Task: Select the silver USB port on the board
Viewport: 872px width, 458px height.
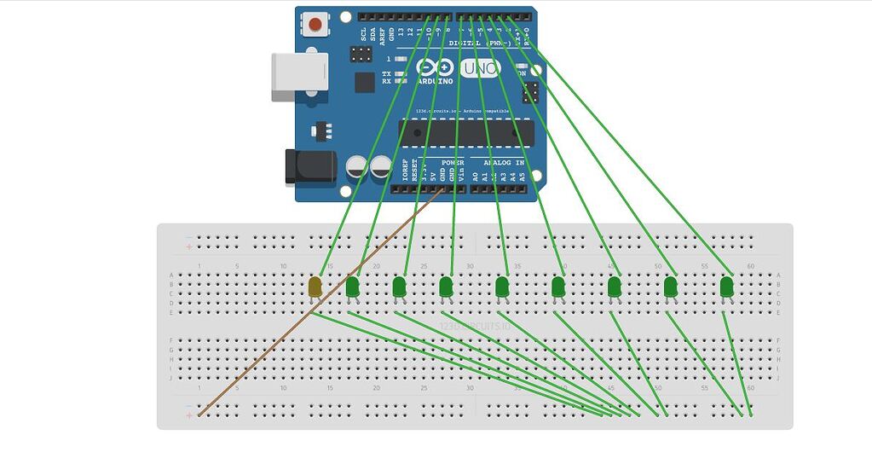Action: point(299,77)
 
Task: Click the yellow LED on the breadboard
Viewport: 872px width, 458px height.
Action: point(315,287)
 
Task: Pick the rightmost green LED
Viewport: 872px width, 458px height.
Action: point(726,287)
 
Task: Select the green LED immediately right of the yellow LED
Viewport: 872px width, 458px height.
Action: point(352,287)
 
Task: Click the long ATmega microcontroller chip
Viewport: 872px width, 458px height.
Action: point(466,132)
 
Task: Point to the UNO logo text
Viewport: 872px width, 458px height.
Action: point(480,69)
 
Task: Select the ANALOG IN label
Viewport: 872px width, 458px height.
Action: point(504,162)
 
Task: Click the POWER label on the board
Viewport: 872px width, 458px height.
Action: point(452,162)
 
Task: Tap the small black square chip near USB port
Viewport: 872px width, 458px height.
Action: point(365,82)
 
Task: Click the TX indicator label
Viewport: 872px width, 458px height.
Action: point(386,74)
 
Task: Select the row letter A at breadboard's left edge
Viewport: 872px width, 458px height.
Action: point(171,275)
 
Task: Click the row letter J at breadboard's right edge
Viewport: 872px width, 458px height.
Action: point(778,377)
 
